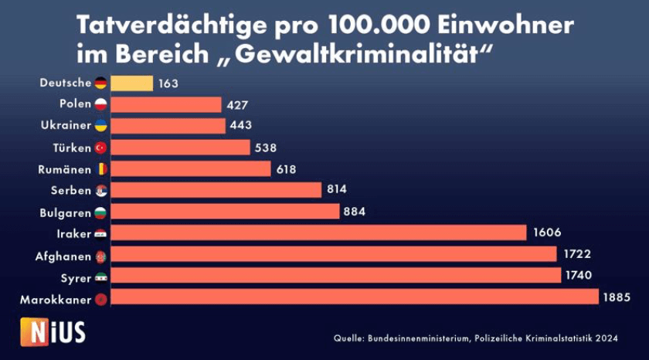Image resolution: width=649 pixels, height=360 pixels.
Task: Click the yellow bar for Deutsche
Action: pyautogui.click(x=132, y=83)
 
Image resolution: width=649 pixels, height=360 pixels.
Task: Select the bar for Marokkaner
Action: pyautogui.click(x=355, y=297)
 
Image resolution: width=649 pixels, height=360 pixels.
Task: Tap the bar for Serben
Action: pyautogui.click(x=216, y=190)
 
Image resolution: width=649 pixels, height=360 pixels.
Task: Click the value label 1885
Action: pyautogui.click(x=619, y=297)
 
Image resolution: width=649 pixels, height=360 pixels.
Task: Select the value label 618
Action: pyautogui.click(x=287, y=168)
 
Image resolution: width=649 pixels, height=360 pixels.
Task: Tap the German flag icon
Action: pyautogui.click(x=100, y=83)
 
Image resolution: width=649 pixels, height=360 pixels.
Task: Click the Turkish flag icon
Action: pyautogui.click(x=100, y=147)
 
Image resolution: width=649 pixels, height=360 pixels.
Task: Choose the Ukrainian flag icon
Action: pyautogui.click(x=100, y=125)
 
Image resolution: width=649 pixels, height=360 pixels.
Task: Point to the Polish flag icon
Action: pyautogui.click(x=100, y=104)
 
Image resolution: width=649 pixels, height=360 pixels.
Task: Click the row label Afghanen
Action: pyautogui.click(x=63, y=254)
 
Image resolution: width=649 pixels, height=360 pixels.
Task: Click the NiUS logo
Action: pyautogui.click(x=53, y=331)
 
